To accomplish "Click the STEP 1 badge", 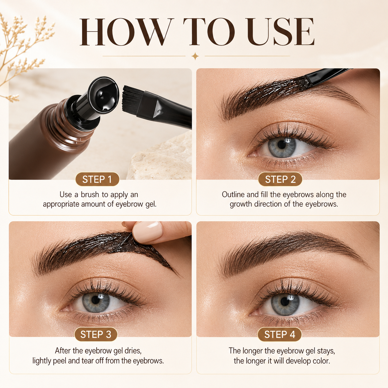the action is click(x=97, y=179).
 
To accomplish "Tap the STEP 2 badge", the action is click(x=280, y=179).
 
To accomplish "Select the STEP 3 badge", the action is click(x=96, y=334).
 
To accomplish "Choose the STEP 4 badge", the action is click(x=279, y=334).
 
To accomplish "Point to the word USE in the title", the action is click(x=281, y=32).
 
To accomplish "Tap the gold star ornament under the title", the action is click(x=195, y=56).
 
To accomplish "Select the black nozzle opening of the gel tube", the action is click(x=103, y=94).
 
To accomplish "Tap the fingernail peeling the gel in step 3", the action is click(x=148, y=231).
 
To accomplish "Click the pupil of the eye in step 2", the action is click(x=282, y=144).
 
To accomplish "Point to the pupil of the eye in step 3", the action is click(x=96, y=300).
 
